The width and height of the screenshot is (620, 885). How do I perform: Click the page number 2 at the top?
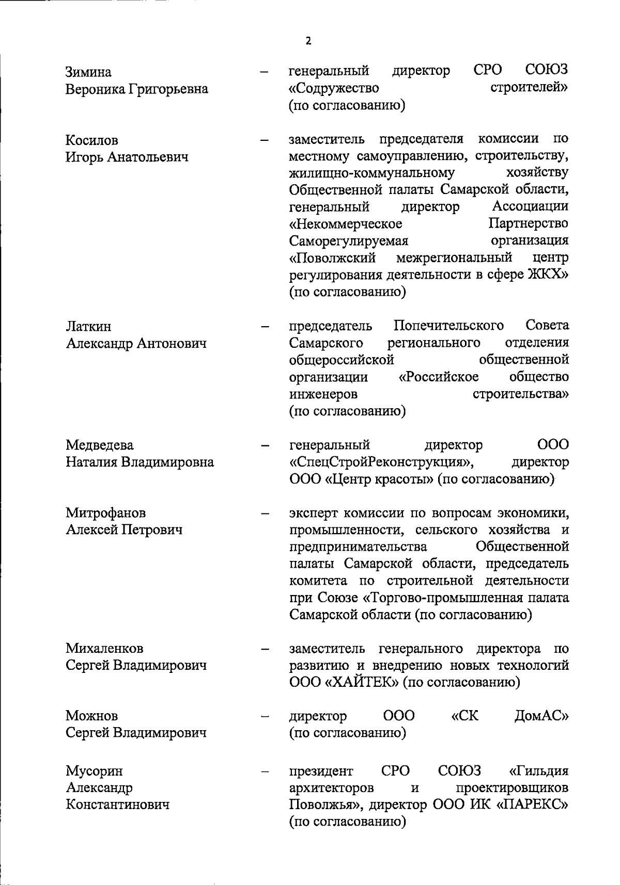point(308,41)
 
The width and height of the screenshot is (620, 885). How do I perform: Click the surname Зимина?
point(88,72)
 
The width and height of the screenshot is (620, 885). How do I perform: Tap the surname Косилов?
point(92,140)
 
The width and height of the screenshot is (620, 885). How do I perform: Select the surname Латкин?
point(88,327)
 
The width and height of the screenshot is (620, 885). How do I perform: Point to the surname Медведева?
point(99,445)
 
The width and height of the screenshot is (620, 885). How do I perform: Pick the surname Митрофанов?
point(105,513)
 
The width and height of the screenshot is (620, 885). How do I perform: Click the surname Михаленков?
point(104,648)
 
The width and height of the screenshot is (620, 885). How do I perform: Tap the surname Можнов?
point(91,716)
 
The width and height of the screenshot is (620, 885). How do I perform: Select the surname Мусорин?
point(94,771)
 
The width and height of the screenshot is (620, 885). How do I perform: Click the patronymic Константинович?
point(117,804)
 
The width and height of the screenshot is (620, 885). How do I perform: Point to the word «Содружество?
point(334,89)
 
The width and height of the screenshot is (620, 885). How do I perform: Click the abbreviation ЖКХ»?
point(547,275)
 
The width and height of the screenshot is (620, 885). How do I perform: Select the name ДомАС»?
point(541,716)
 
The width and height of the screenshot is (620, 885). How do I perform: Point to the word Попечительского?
point(448,326)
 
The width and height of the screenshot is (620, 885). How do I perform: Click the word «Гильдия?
point(539,771)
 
